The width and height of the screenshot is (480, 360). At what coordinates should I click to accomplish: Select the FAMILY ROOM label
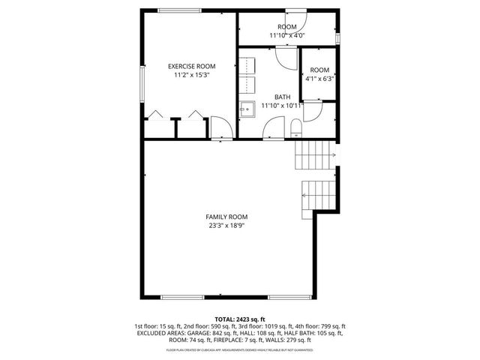(x=226, y=217)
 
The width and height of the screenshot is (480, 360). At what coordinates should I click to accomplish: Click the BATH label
(x=282, y=97)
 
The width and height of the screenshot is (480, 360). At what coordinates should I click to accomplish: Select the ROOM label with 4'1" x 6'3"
(x=319, y=70)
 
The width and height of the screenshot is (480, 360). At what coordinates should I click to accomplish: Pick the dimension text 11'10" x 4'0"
(x=287, y=35)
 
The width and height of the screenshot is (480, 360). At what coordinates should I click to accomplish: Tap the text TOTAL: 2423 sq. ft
(x=240, y=319)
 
